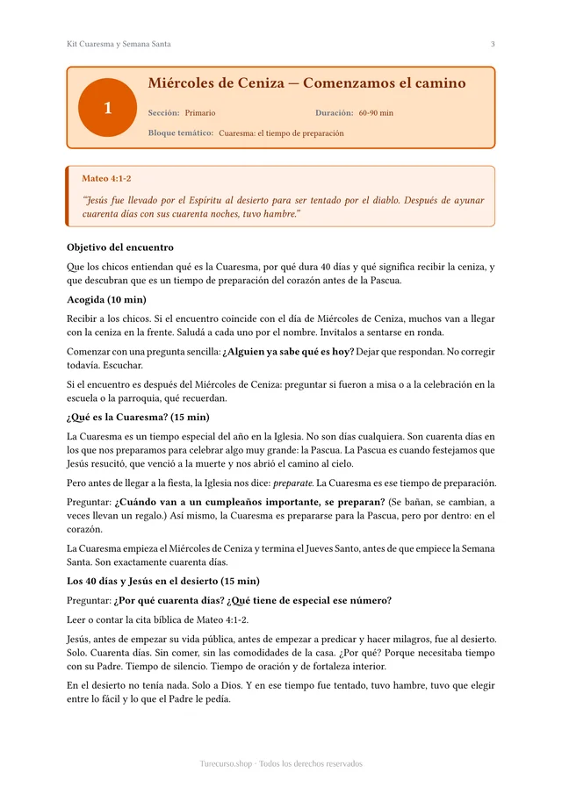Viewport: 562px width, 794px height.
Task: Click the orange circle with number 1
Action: click(107, 108)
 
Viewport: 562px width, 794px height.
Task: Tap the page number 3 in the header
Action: click(493, 44)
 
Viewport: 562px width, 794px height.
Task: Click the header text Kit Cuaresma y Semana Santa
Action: click(119, 44)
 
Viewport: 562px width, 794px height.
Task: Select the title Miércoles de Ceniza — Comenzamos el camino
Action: click(306, 83)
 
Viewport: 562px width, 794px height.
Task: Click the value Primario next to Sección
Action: click(200, 113)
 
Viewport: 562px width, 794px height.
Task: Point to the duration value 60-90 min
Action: click(376, 113)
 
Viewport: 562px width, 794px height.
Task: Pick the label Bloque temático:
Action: click(181, 133)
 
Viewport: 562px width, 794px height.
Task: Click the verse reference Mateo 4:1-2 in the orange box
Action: click(106, 178)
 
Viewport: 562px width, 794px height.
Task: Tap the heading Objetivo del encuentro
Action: click(120, 247)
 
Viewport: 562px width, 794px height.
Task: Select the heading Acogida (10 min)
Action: click(106, 299)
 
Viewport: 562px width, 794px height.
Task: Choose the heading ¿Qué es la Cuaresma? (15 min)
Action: click(138, 417)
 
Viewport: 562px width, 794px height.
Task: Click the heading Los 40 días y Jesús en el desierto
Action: click(162, 581)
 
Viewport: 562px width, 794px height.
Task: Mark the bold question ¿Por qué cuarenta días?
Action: click(169, 600)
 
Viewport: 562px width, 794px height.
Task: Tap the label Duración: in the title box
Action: click(335, 113)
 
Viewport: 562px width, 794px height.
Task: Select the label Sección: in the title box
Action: click(164, 113)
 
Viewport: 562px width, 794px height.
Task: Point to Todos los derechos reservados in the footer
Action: click(311, 763)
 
